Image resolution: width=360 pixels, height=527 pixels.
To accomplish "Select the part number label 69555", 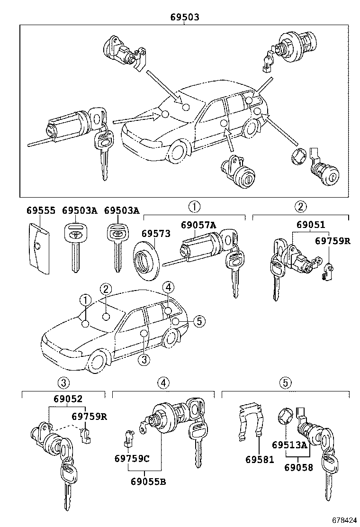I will click(x=40, y=210).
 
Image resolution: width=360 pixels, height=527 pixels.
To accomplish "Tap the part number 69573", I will click(x=155, y=233).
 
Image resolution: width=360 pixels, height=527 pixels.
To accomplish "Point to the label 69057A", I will click(x=198, y=225).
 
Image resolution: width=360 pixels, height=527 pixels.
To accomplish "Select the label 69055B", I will click(x=148, y=482).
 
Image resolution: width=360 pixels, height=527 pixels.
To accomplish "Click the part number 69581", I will click(x=260, y=459).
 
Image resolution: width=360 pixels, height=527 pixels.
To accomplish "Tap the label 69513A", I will click(x=289, y=445).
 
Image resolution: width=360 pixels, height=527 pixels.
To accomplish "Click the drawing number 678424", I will click(x=343, y=520).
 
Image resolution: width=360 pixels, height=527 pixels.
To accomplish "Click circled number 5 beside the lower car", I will click(x=199, y=321).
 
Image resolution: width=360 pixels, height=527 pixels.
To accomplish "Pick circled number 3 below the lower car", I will click(x=144, y=360).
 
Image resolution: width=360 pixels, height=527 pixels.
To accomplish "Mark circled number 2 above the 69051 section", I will click(x=300, y=206).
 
